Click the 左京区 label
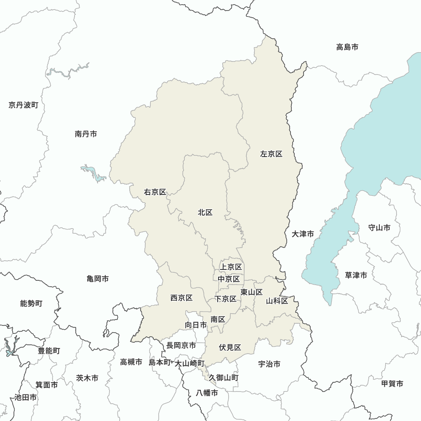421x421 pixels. [x=271, y=154]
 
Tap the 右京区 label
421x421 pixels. [x=155, y=192]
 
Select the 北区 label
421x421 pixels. [x=205, y=213]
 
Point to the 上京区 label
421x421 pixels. [x=231, y=267]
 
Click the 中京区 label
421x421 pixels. [x=229, y=279]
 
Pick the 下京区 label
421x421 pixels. [x=225, y=299]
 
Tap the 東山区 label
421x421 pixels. [x=252, y=292]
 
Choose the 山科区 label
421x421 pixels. [x=277, y=301]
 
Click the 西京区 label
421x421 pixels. [x=181, y=298]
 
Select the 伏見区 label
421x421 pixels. [x=230, y=348]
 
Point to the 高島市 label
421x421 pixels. [x=347, y=47]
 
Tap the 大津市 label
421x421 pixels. [x=303, y=234]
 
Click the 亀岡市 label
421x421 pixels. [x=98, y=279]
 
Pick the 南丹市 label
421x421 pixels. [x=86, y=134]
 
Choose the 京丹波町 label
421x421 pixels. [x=23, y=105]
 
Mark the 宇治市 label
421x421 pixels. [x=269, y=364]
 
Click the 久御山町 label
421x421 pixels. [x=224, y=378]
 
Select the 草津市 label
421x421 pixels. [x=356, y=275]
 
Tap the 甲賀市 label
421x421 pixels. [x=392, y=384]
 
